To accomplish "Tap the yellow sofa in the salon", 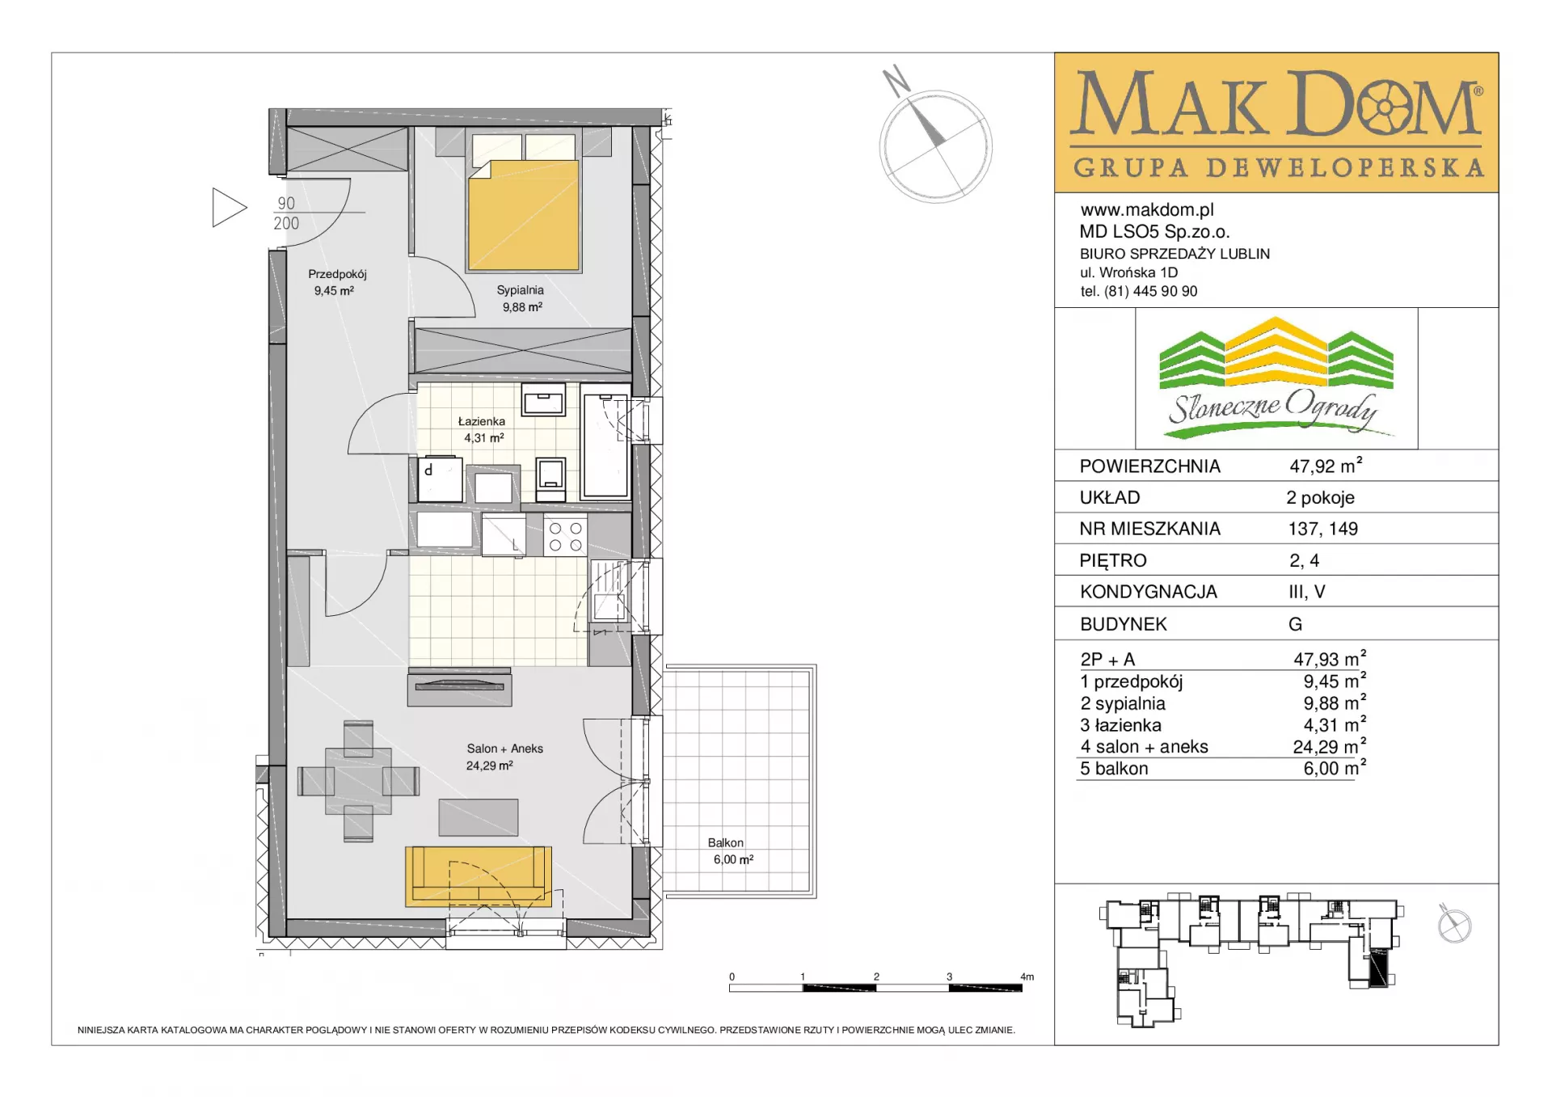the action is coord(479,876).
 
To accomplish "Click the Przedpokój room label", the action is coord(337,274).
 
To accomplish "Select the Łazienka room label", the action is coord(482,421).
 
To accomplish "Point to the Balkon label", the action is coord(726,842).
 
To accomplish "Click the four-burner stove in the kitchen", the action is coord(566,536).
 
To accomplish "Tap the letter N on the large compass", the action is coord(896,82).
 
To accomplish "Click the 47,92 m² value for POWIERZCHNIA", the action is coord(1326,466).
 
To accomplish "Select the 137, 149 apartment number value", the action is coord(1323,529).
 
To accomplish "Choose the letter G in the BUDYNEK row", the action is coord(1295,624).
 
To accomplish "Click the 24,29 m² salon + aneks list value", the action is coord(1330,746).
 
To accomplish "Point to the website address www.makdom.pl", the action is coord(1147,210).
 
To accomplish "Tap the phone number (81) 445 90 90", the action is coord(1151,291).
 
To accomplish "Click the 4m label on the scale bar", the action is coord(1027,977).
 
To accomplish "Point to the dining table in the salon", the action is coord(359,781).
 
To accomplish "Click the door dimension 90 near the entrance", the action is coord(286,204).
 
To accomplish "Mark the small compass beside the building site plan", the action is coord(1454,924).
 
